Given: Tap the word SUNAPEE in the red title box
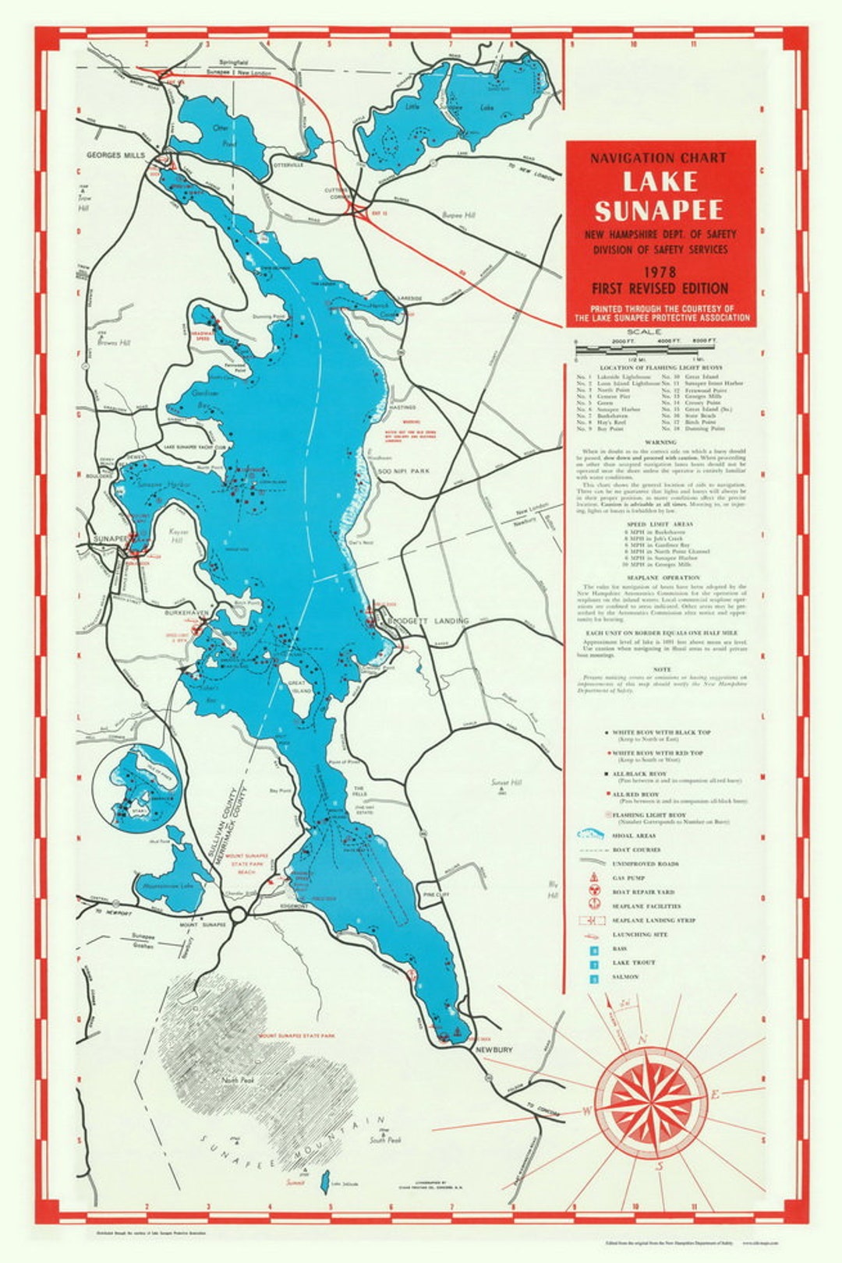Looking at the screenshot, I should (x=660, y=210).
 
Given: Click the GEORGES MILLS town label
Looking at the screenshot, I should (x=116, y=155).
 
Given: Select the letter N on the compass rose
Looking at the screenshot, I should (x=644, y=1040).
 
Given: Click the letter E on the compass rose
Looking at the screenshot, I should (x=714, y=1095).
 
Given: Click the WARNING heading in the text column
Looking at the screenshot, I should (x=660, y=441).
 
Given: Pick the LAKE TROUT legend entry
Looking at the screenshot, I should (x=633, y=963).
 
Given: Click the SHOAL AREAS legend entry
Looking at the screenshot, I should (x=633, y=835).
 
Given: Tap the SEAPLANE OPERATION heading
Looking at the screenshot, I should (x=660, y=577).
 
